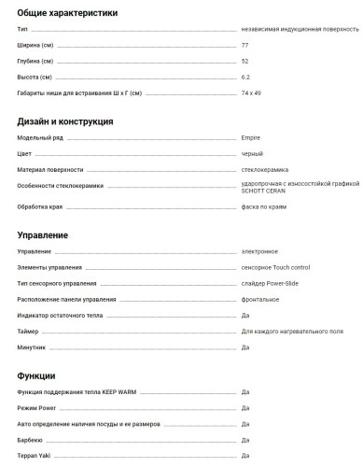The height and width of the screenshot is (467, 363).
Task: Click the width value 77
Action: coord(244,45)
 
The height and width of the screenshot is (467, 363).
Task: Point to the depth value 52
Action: coord(244,61)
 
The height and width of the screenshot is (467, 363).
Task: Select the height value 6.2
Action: coord(245,77)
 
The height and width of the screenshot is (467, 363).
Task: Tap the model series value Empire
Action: coord(250,138)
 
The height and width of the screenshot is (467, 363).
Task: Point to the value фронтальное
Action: coord(260,299)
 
